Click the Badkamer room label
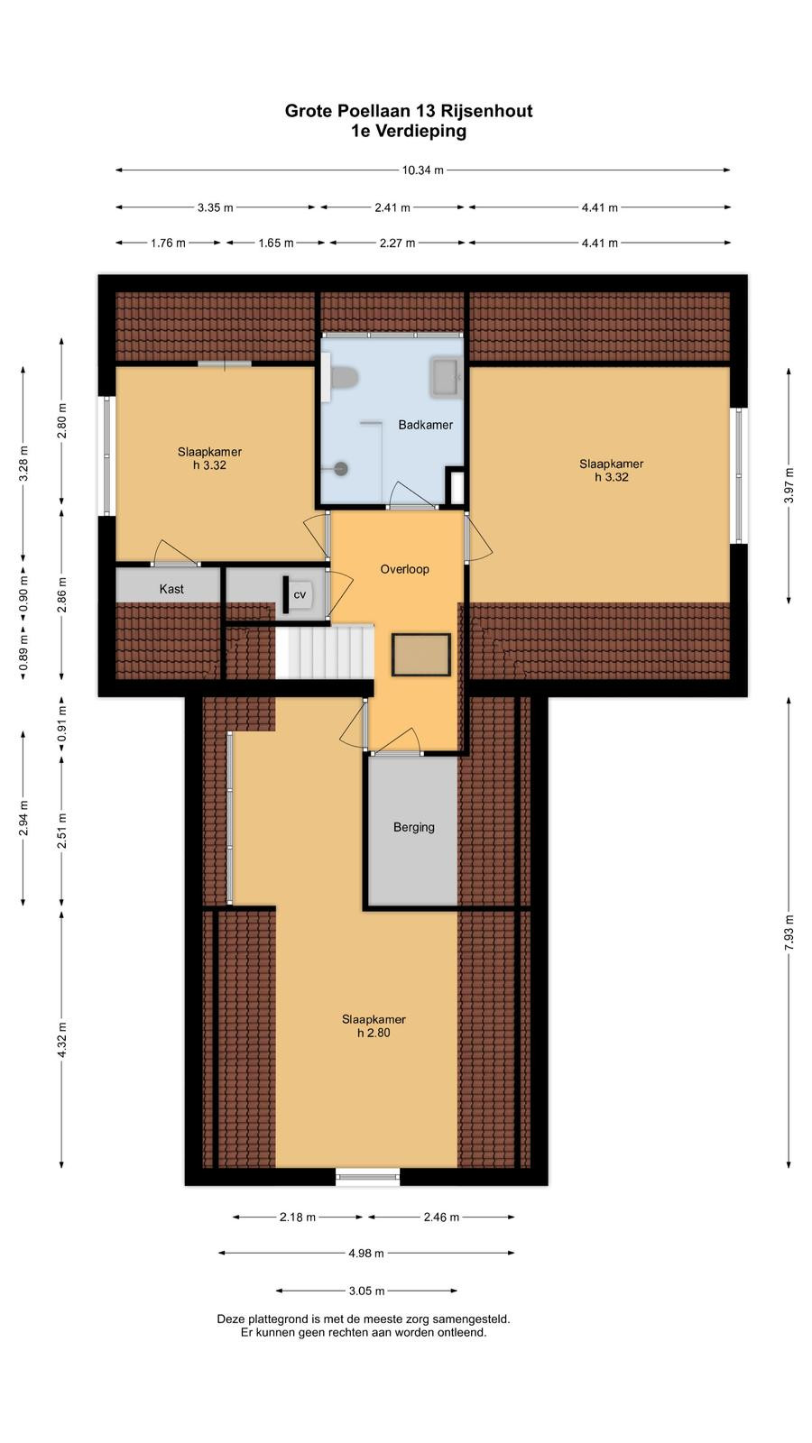(425, 425)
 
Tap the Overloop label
(405, 569)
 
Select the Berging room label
(414, 827)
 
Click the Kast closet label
(171, 589)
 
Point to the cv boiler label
(300, 594)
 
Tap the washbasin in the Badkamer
(446, 377)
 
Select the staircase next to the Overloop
(325, 651)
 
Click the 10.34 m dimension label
(423, 170)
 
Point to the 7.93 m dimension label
(789, 933)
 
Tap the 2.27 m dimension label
(397, 243)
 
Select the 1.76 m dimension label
(168, 243)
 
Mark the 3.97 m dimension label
(789, 486)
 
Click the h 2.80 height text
(374, 1033)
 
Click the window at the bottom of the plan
(368, 1177)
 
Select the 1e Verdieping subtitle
(409, 132)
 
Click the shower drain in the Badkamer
(341, 468)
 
